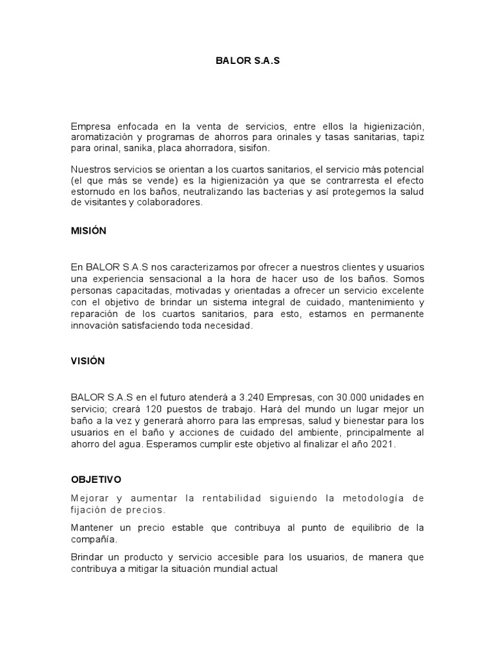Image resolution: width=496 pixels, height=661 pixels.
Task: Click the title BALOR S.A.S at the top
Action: click(x=248, y=63)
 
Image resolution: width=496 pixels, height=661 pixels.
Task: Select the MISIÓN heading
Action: click(x=88, y=230)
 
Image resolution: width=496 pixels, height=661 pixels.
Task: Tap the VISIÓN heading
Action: click(x=88, y=361)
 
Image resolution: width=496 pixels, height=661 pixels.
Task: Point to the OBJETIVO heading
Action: click(x=96, y=480)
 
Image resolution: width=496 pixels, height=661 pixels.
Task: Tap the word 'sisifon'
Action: click(x=238, y=148)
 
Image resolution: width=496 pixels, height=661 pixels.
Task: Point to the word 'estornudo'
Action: click(x=92, y=190)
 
